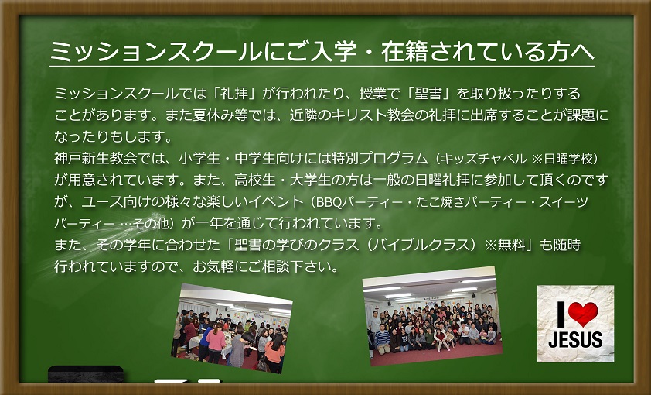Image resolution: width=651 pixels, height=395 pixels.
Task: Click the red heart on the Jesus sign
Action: (583, 314)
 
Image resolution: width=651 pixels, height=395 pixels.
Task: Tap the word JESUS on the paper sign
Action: (575, 340)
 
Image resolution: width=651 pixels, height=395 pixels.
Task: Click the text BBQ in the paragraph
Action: (329, 202)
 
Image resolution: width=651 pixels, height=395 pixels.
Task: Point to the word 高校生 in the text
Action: (255, 180)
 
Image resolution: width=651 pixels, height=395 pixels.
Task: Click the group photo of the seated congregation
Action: (432, 316)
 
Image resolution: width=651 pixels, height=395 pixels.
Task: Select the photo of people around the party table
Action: (232, 328)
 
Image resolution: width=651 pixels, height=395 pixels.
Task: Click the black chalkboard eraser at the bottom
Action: (86, 374)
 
